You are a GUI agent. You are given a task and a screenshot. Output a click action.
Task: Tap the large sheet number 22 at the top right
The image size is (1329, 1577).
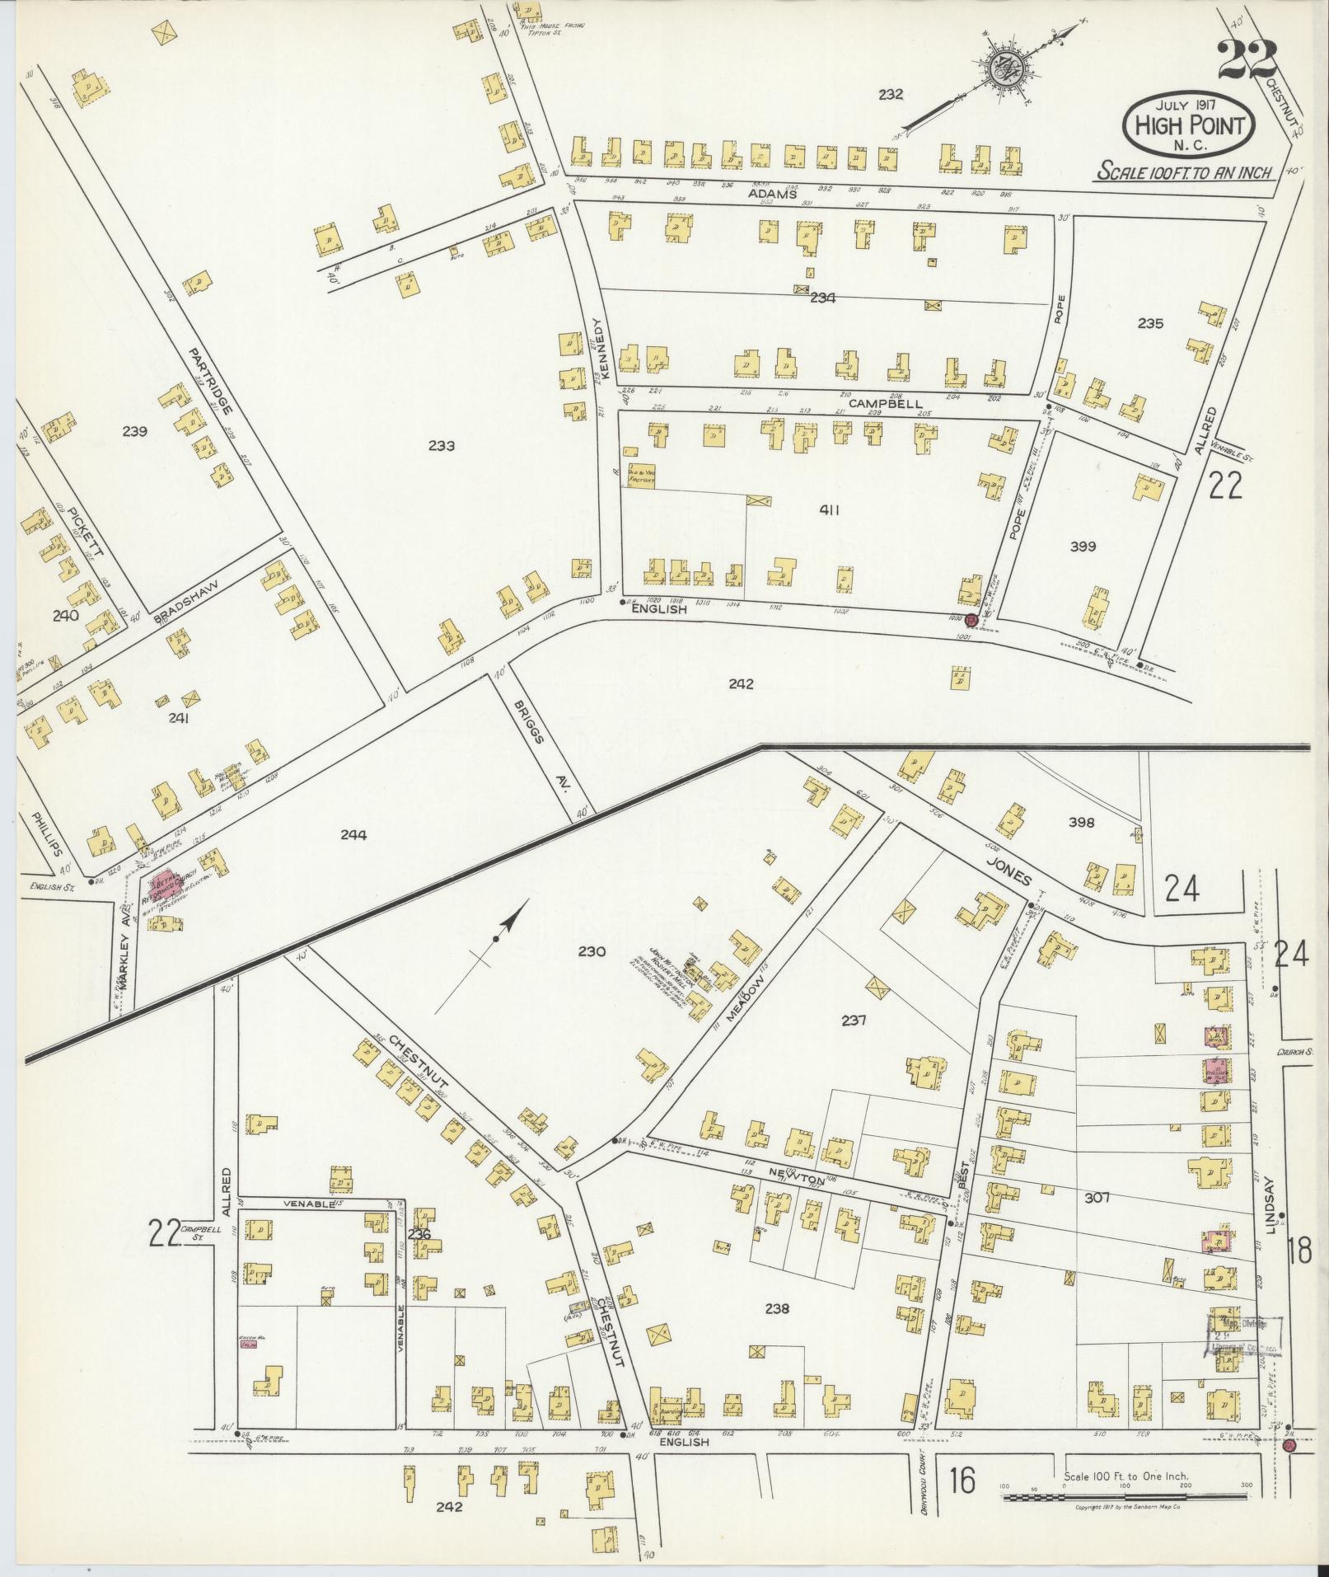(x=1247, y=59)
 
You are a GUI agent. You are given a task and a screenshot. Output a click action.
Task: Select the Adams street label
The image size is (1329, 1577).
(x=772, y=194)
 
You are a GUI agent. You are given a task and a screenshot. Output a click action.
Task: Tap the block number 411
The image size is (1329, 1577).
(x=829, y=510)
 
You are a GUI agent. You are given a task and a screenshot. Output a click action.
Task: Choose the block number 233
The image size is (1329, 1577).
(x=442, y=446)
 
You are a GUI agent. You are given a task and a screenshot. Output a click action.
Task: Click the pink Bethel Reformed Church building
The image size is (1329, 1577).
(x=163, y=884)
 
